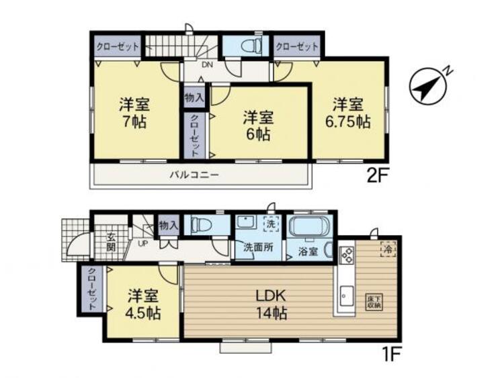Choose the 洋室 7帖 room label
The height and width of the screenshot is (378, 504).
click(x=135, y=113)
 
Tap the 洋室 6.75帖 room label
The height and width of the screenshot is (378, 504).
click(x=348, y=113)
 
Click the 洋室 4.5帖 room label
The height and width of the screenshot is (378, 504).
click(x=142, y=303)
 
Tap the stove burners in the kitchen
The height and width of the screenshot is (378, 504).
click(x=347, y=256)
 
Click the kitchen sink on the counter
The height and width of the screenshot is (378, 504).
click(x=347, y=295)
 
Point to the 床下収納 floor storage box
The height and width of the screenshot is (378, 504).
click(x=374, y=301)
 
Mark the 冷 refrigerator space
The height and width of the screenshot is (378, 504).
click(x=388, y=247)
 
